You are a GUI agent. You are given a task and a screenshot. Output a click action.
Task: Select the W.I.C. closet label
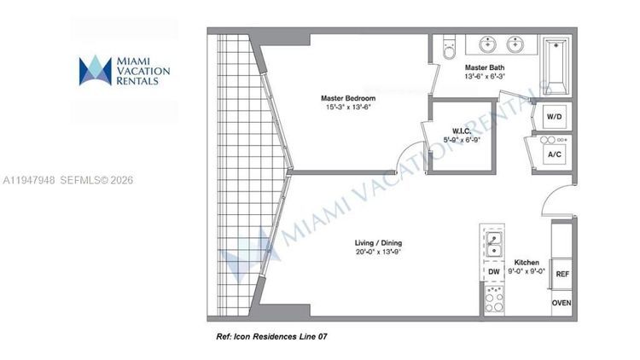tap(463, 131)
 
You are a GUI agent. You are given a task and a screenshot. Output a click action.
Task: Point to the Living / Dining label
tap(356, 242)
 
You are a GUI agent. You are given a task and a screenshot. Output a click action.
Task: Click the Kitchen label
tap(526, 262)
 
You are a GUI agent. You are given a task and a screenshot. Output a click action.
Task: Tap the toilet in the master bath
tap(450, 49)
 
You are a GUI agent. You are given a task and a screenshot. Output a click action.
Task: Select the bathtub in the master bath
tap(555, 65)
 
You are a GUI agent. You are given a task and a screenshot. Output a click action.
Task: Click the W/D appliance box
tap(554, 115)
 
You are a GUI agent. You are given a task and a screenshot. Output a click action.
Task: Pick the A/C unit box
tap(554, 154)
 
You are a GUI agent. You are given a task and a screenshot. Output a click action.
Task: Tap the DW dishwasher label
tap(493, 272)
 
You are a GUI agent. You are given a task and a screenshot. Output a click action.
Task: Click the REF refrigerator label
tap(561, 275)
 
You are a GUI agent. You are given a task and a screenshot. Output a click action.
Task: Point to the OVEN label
tap(561, 303)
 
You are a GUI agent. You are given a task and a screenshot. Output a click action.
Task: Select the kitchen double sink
tap(493, 241)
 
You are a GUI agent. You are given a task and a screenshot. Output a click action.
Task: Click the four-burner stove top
tap(494, 299)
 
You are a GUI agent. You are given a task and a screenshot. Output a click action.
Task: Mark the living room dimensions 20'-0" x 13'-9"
tap(356, 253)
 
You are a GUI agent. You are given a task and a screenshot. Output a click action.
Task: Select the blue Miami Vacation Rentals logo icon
tap(96, 71)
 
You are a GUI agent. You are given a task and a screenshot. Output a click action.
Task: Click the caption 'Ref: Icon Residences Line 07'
tap(271, 337)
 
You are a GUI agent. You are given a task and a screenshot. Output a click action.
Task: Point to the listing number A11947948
tap(29, 181)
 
